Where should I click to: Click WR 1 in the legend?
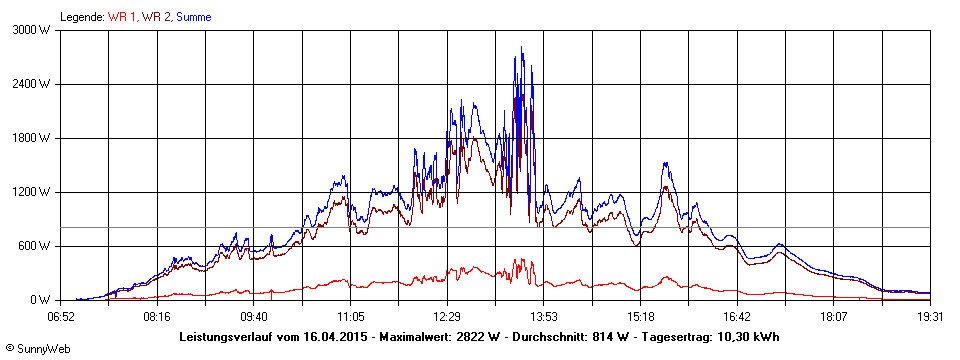click(122, 17)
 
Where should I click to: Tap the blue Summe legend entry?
click(194, 17)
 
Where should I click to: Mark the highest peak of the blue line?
click(521, 48)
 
